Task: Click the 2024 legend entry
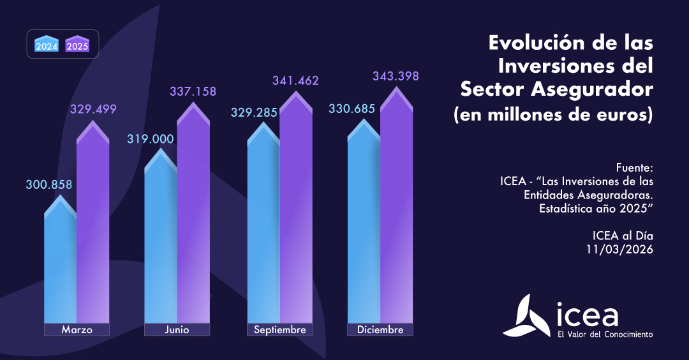tap(47, 44)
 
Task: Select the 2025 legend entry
tap(78, 44)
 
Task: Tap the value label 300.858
tap(49, 185)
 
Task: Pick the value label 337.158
tap(193, 92)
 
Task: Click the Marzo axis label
tap(77, 330)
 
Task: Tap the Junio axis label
tap(177, 330)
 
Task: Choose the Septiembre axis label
tap(279, 330)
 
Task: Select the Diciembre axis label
tap(380, 330)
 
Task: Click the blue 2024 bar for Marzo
tap(60, 268)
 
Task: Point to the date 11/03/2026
tap(619, 250)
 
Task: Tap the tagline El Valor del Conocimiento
tap(605, 334)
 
